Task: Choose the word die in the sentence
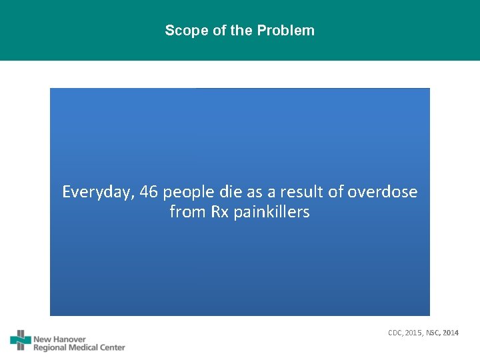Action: pos(229,193)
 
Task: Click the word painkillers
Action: pos(272,213)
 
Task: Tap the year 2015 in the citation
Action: pos(414,333)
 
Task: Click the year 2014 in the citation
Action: pos(450,333)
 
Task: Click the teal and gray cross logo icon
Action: pos(21,341)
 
